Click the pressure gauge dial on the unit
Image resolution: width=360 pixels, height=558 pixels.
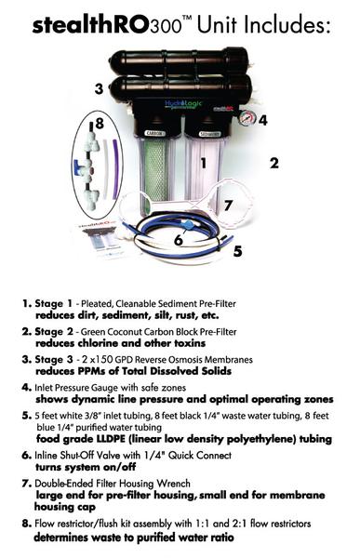(245, 118)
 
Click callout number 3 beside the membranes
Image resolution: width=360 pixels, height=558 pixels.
(99, 89)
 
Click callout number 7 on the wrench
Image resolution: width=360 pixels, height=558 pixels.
(228, 204)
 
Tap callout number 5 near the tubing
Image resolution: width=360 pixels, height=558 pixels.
(238, 250)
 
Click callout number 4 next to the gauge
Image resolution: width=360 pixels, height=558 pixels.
(263, 120)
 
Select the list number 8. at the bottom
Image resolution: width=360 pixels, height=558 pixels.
(25, 525)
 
